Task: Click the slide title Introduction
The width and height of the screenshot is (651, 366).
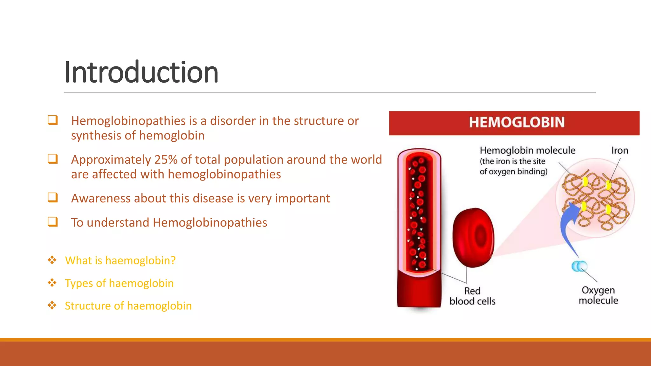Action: coord(141,72)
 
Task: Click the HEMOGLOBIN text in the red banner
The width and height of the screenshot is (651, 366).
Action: coord(517,123)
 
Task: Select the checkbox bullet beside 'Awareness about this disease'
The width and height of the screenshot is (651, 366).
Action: coord(53,198)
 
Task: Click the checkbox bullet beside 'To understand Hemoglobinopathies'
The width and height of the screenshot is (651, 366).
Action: coord(53,222)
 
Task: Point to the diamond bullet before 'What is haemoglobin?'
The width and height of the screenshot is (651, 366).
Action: coord(52,260)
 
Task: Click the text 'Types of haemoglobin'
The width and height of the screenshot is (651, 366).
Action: coord(119,283)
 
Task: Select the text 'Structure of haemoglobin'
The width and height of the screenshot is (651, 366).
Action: coord(128,306)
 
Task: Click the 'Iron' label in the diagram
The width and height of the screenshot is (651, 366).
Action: coord(620,151)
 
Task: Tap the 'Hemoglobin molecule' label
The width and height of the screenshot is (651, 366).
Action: coord(527,150)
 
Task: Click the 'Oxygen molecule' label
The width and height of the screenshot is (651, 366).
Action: coord(598,295)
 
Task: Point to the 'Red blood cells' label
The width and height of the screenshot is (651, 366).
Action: coord(472,296)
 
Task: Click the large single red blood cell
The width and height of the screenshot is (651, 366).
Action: coord(473,238)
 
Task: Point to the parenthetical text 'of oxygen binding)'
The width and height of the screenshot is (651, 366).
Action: coord(513,172)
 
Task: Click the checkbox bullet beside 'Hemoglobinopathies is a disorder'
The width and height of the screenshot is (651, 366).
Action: coord(53,120)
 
